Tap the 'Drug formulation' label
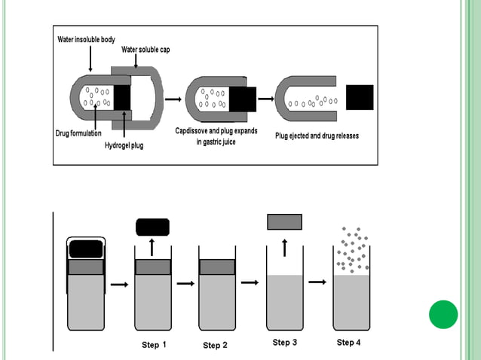tap(78, 133)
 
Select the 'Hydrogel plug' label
tap(124, 145)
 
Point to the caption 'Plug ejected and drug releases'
tap(317, 136)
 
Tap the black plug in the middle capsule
tap(243, 99)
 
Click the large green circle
tap(443, 314)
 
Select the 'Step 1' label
tap(151, 345)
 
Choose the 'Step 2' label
tap(215, 346)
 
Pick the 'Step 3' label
tap(284, 343)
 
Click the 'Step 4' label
tap(348, 343)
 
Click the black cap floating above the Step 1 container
tap(152, 227)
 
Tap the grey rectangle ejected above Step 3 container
tap(284, 221)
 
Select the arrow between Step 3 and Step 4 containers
tap(317, 282)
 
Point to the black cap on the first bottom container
tap(86, 248)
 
